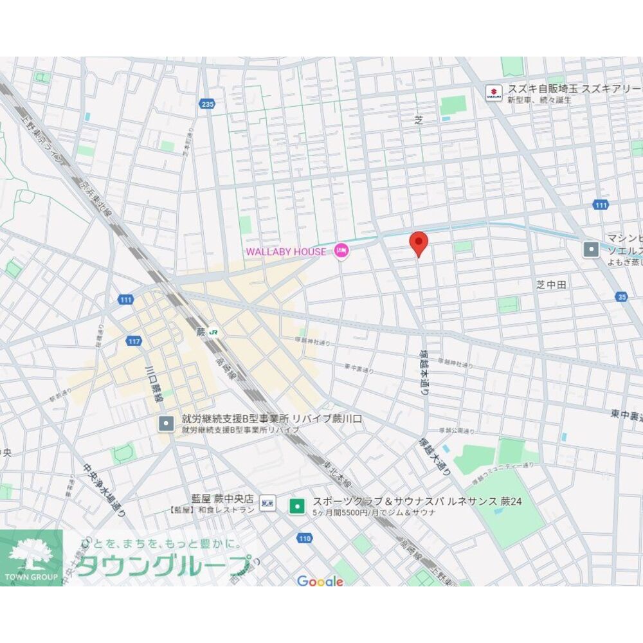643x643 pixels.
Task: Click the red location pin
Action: point(419,244)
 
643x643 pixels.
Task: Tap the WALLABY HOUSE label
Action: point(285,251)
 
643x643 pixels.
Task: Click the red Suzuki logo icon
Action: point(493,93)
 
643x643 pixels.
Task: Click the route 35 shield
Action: point(621,296)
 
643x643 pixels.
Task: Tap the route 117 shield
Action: point(134,341)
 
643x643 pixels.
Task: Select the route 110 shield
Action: point(305,538)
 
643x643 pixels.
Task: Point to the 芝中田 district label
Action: point(552,285)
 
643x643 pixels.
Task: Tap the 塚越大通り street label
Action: point(435,455)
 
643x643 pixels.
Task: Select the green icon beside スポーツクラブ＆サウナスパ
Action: point(296,505)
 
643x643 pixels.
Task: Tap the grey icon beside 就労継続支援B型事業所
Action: point(166,423)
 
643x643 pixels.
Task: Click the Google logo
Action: point(320,581)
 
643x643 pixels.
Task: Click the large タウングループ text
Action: point(166,565)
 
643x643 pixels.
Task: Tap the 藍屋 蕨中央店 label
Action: point(222,499)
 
